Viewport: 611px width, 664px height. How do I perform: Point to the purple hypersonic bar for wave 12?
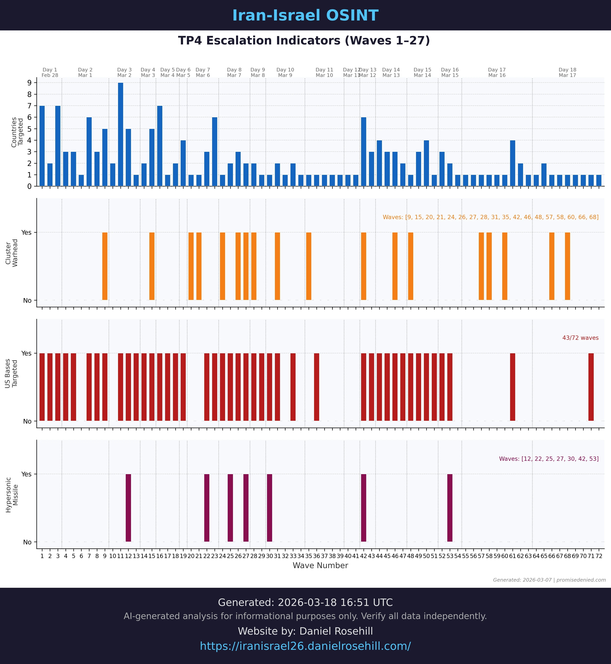128,508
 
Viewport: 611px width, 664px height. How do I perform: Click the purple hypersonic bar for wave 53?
450,508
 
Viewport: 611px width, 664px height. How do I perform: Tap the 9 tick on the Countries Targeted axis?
30,83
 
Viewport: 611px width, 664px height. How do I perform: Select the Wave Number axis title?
320,566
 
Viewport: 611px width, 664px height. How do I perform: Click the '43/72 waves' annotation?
580,338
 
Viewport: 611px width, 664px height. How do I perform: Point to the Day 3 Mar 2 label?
124,72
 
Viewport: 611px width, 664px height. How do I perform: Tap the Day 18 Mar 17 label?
567,72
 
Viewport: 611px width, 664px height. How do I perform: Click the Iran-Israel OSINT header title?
305,16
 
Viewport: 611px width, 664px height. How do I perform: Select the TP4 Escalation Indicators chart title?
304,41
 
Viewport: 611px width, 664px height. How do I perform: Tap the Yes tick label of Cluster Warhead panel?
27,233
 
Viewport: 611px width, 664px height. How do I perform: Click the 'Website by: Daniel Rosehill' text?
305,631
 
